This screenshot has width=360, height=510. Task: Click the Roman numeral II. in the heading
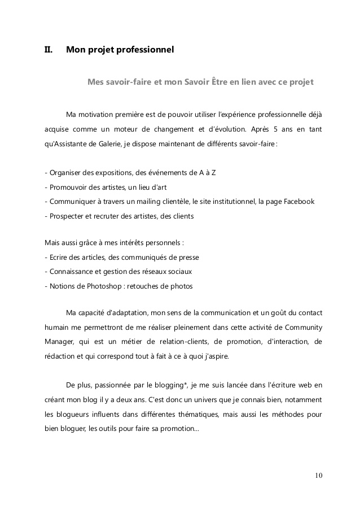coord(49,51)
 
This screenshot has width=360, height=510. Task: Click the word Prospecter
coord(68,216)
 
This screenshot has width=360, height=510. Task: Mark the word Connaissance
coord(73,272)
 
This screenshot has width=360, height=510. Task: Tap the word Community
coord(302,327)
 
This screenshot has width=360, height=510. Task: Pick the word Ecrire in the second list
coord(59,257)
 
